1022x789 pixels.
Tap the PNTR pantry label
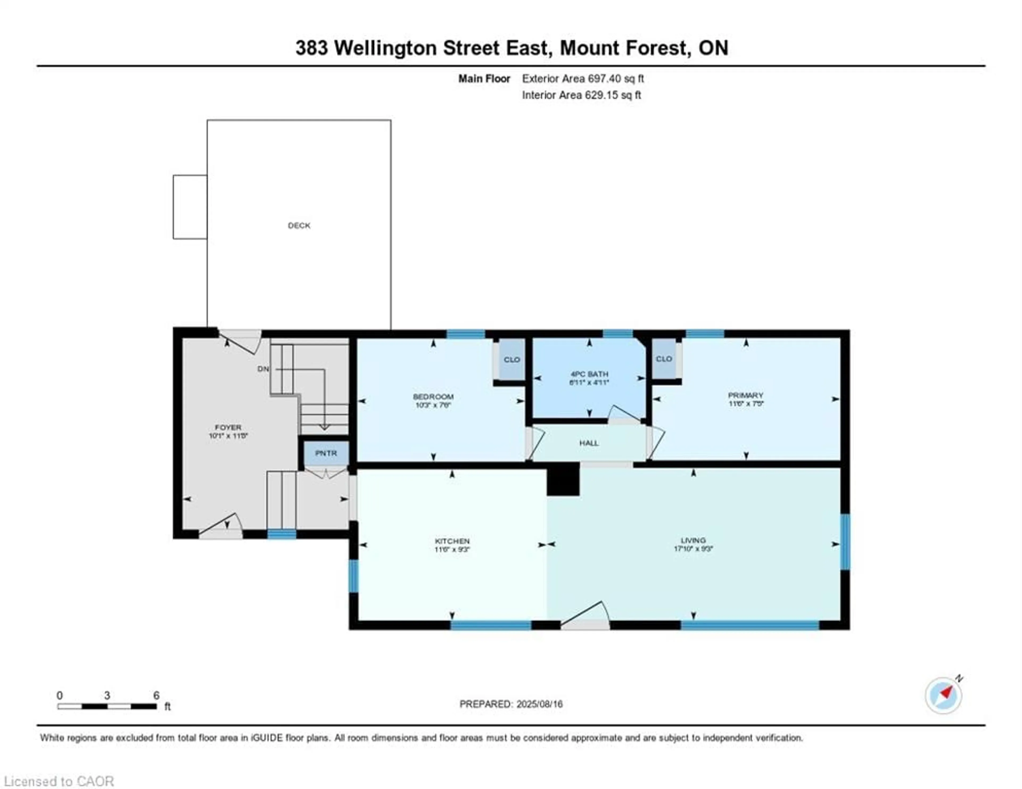click(326, 453)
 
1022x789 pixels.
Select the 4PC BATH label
click(589, 374)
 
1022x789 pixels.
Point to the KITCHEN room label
click(452, 541)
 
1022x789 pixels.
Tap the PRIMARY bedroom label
click(745, 395)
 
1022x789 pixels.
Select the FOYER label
click(228, 427)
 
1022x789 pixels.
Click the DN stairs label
click(263, 369)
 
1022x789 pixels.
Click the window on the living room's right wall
click(845, 542)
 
